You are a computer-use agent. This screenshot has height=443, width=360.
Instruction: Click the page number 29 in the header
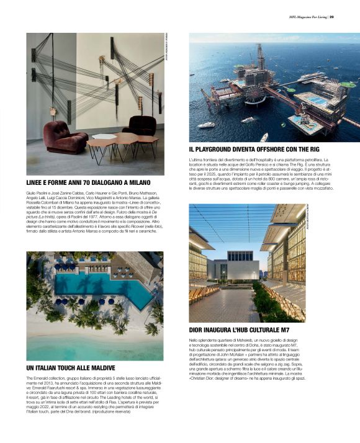tap(332, 17)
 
